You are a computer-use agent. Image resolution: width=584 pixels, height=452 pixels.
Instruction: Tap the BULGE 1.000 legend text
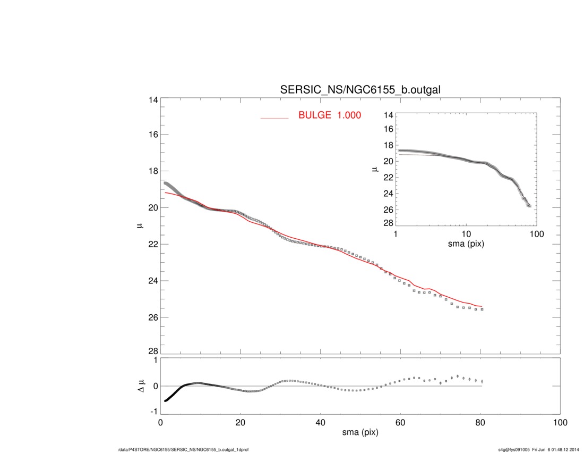(x=330, y=115)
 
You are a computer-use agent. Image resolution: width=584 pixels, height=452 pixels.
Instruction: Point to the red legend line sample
(x=274, y=118)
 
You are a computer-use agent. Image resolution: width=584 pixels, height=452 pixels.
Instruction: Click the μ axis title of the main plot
(x=140, y=226)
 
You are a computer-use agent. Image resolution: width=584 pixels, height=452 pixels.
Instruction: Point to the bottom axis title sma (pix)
(x=360, y=433)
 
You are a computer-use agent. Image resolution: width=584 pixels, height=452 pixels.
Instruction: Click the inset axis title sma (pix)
(x=466, y=244)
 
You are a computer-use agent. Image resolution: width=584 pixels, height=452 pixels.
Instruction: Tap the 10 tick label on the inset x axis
(x=466, y=234)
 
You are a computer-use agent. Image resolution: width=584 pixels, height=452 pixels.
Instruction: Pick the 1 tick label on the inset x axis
(x=396, y=234)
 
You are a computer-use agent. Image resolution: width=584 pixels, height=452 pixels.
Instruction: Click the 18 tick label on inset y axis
(x=388, y=145)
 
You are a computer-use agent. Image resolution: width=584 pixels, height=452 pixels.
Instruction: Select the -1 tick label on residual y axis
(x=153, y=412)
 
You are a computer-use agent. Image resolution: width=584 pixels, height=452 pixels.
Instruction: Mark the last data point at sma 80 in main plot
(x=482, y=309)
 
